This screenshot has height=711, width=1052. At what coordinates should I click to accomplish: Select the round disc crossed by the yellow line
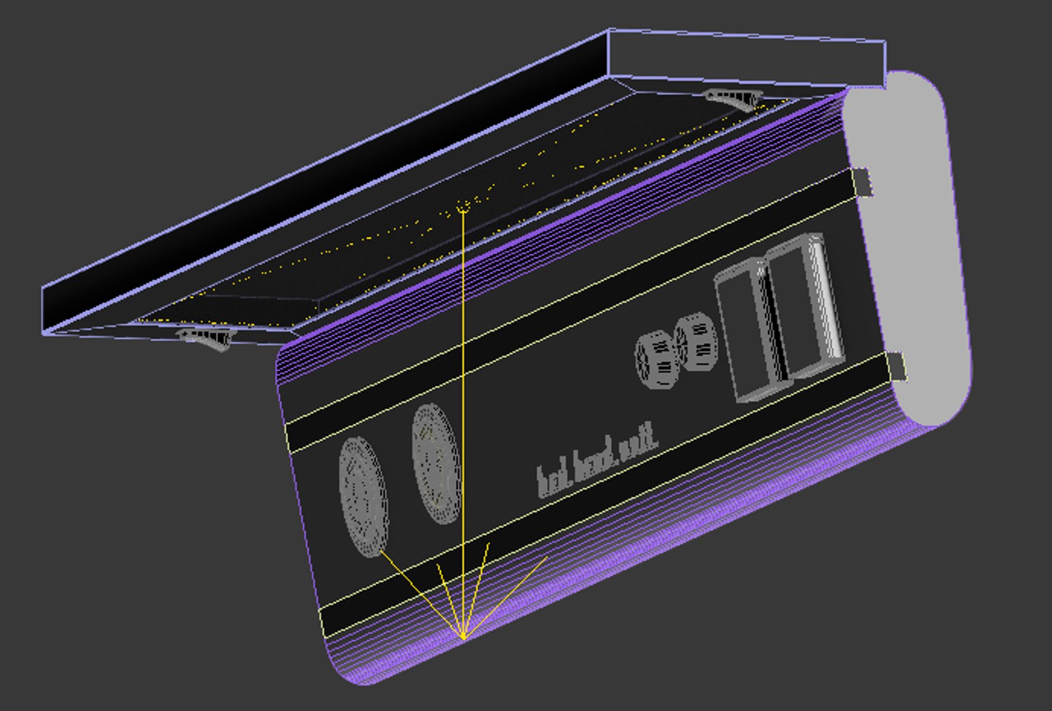click(435, 463)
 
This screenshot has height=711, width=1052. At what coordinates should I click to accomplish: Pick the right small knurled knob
click(697, 342)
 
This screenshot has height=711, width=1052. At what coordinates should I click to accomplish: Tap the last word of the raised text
click(638, 442)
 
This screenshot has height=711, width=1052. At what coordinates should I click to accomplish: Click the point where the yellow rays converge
click(464, 637)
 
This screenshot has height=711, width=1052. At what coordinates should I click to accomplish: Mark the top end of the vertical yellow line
click(463, 210)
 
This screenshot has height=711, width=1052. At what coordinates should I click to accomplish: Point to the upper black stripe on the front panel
click(567, 309)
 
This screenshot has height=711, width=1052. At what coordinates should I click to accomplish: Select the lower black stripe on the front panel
click(593, 494)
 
